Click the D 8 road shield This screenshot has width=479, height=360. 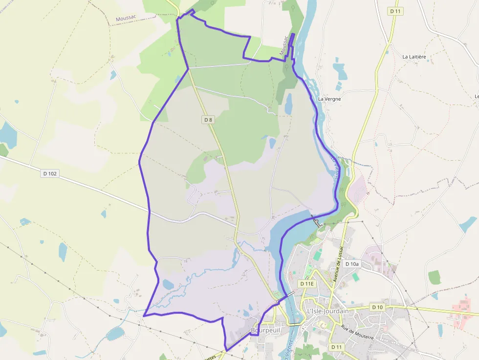click(208, 120)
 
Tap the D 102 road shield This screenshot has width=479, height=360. click(50, 173)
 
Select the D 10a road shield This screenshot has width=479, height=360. click(351, 264)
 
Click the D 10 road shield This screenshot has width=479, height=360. click(377, 307)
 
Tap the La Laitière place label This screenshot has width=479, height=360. click(414, 57)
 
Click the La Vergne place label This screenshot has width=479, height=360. click(329, 99)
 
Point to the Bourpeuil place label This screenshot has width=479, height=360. click(265, 331)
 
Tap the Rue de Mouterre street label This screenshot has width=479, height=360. click(358, 333)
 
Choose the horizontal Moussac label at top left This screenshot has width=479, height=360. click(125, 19)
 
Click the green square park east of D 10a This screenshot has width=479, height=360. click(435, 277)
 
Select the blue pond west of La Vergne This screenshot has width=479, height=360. click(288, 104)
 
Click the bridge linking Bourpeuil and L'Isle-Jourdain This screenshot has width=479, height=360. click(295, 324)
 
